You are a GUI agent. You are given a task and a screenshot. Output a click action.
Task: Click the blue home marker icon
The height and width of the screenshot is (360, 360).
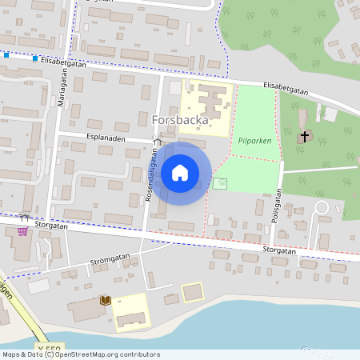pyautogui.click(x=180, y=172)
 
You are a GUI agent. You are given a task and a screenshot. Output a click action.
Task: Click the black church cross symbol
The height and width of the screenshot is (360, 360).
pyautogui.click(x=303, y=137)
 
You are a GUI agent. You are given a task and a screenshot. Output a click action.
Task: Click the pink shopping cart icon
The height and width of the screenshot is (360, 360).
pyautogui.click(x=21, y=231)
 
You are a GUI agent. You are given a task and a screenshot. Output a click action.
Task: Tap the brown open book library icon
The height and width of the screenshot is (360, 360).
pyautogui.click(x=104, y=300)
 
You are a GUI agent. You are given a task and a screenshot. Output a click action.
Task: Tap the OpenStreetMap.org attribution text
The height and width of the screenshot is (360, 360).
pyautogui.click(x=95, y=354)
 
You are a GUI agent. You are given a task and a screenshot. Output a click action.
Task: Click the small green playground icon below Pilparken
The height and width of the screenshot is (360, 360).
pyautogui.click(x=220, y=184)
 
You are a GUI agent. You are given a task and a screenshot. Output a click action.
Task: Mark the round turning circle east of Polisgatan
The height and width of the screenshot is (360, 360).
pyautogui.click(x=322, y=208)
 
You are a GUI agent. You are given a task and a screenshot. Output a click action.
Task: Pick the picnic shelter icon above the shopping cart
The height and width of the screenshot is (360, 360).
pyautogui.click(x=24, y=216)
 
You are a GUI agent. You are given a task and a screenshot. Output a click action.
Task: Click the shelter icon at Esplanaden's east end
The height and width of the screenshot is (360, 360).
pyautogui.click(x=158, y=142)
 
